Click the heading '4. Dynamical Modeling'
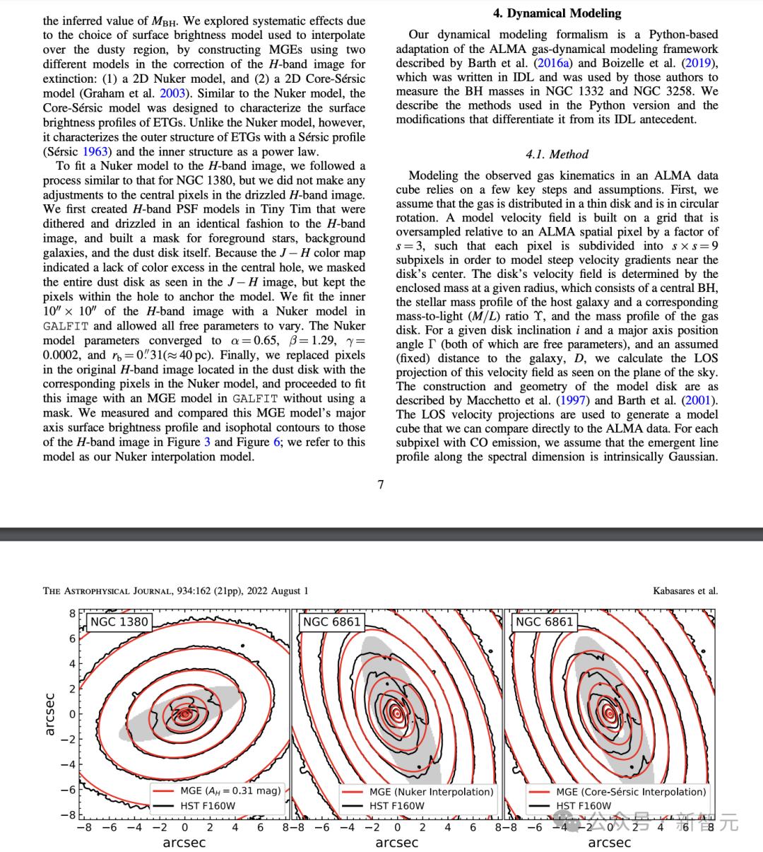[x=557, y=13]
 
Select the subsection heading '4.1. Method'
[x=557, y=154]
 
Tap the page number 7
[x=381, y=484]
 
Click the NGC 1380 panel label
[x=119, y=622]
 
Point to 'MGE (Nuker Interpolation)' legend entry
[x=431, y=792]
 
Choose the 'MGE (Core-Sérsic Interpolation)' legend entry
[x=630, y=792]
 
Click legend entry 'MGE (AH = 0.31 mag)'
[x=230, y=790]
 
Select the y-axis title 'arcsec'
[x=49, y=713]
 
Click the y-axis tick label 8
[x=72, y=614]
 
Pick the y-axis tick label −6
[x=69, y=790]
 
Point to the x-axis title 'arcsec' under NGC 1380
[x=184, y=842]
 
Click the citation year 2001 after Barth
[x=699, y=401]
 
